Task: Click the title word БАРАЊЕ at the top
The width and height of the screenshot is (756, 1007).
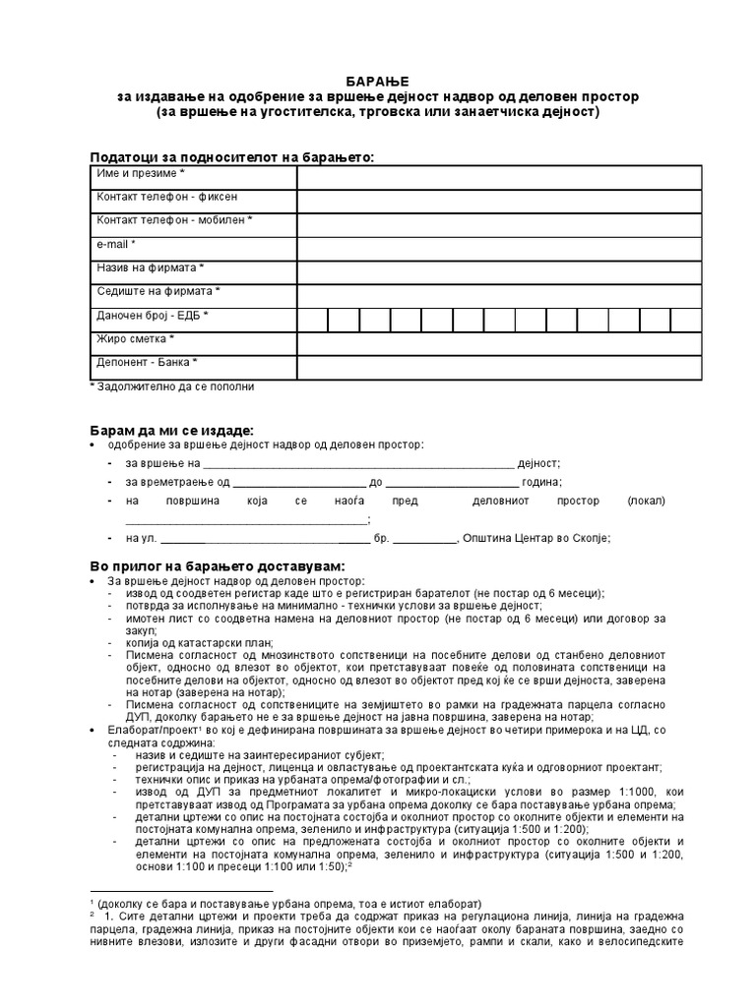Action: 378,80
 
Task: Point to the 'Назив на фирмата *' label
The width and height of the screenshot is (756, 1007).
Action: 151,267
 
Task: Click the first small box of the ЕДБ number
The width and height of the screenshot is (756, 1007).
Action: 312,319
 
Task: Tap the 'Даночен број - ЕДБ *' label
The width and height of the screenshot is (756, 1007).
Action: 153,316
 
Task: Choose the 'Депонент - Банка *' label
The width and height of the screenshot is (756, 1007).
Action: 147,363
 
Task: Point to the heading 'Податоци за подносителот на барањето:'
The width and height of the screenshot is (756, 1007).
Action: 231,157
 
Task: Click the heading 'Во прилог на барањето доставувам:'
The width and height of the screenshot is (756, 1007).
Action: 218,567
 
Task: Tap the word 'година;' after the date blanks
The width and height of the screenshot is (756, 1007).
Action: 542,482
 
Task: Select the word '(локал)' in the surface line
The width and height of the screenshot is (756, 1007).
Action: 646,501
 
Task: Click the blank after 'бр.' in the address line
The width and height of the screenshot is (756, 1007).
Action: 426,538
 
